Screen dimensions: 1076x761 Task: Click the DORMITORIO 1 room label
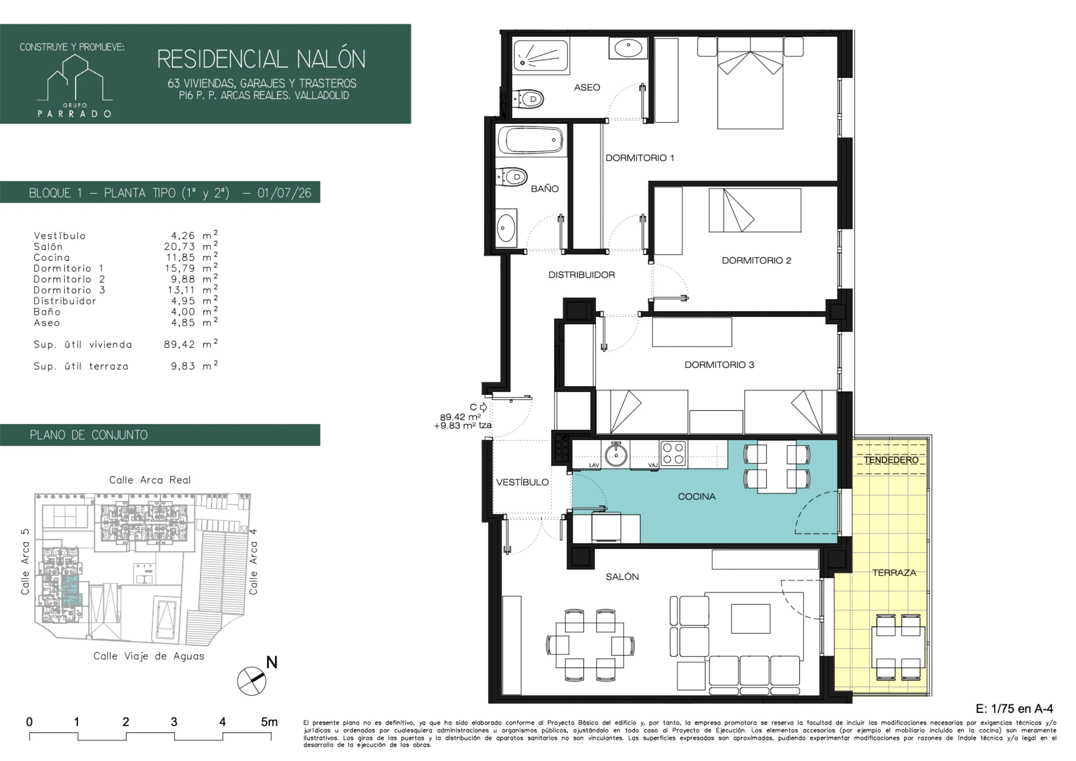640,158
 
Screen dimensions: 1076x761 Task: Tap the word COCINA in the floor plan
696,497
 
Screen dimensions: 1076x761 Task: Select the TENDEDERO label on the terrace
891,460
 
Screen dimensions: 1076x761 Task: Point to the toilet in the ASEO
528,99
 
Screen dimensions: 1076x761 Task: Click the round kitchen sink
616,454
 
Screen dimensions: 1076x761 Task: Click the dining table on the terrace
898,647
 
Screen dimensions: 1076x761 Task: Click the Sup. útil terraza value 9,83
183,366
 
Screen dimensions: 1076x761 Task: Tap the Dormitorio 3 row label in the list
69,290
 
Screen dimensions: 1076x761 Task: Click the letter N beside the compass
272,663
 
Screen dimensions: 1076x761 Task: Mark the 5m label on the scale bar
269,722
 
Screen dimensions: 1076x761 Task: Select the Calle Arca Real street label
150,480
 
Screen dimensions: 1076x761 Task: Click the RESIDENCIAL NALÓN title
261,59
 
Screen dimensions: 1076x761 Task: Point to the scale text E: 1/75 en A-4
1015,708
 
